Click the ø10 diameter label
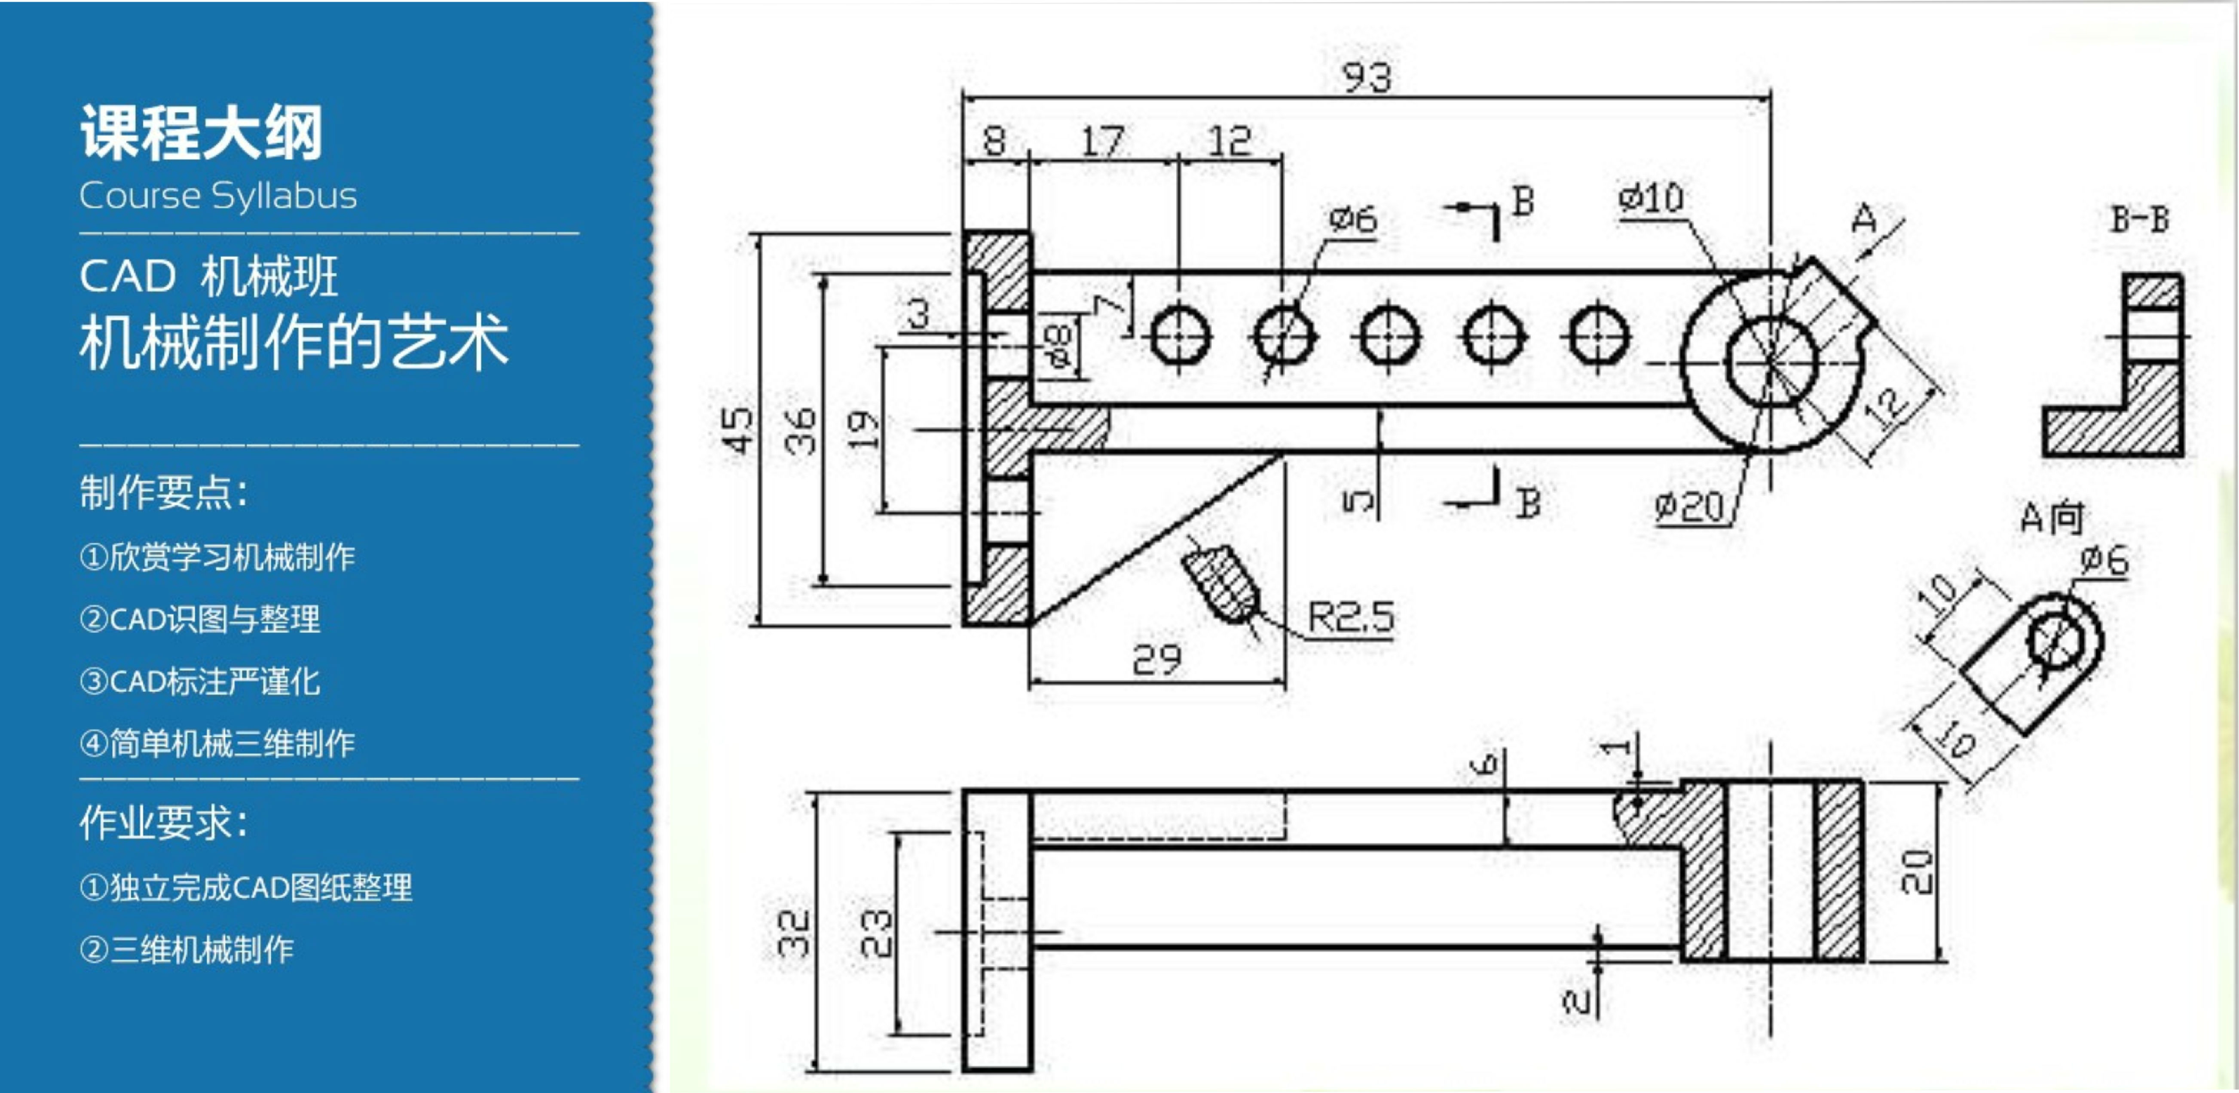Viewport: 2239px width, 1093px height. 1651,198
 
